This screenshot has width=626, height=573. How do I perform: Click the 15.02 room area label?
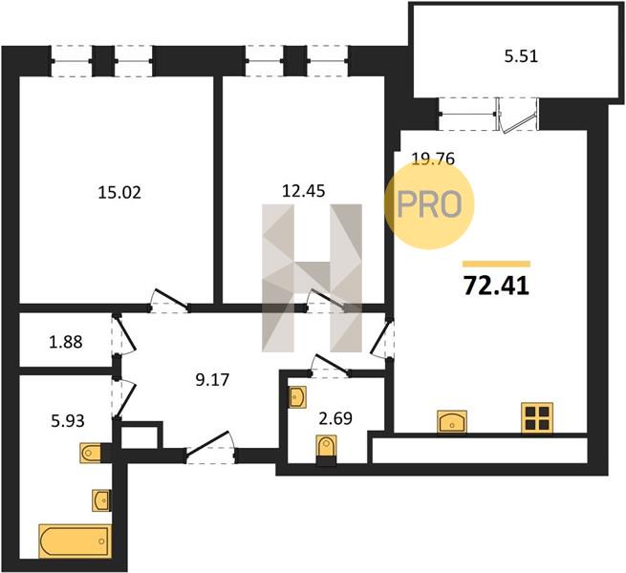pos(119,193)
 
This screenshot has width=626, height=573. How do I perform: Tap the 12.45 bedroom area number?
pos(303,191)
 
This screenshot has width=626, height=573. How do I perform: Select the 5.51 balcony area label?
pos(521,56)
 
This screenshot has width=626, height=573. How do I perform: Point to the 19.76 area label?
pos(433,159)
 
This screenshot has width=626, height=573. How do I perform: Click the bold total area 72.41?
pos(496,286)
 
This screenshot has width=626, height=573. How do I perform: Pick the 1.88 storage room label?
pos(66,342)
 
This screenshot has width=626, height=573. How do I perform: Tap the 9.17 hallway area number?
pos(212,380)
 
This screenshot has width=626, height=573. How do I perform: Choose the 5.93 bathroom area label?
pos(68,420)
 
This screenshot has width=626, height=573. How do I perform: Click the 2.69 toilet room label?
pos(335,418)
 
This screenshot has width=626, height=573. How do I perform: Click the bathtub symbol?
pos(76,541)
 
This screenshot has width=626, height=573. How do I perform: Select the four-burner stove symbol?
pos(537,417)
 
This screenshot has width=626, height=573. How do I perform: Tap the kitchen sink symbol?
pos(452,421)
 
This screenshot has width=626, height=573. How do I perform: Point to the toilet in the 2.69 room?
pos(326,450)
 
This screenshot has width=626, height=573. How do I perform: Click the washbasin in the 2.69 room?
pos(297,396)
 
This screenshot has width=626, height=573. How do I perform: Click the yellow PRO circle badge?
pos(429,203)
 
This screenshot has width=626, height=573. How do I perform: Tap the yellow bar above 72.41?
pos(496,264)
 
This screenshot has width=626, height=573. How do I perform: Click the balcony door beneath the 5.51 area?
pos(517,116)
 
